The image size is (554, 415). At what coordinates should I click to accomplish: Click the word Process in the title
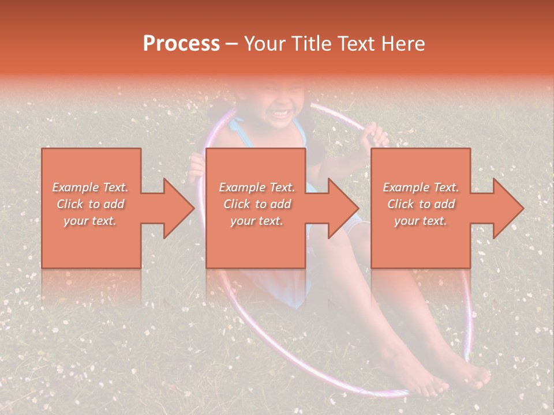[181, 44]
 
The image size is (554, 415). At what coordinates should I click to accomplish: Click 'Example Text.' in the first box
[90, 187]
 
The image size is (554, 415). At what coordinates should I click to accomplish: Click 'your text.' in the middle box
[256, 221]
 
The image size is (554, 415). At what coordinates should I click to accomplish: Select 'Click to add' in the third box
[421, 204]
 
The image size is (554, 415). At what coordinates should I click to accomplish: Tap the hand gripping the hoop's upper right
[376, 138]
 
